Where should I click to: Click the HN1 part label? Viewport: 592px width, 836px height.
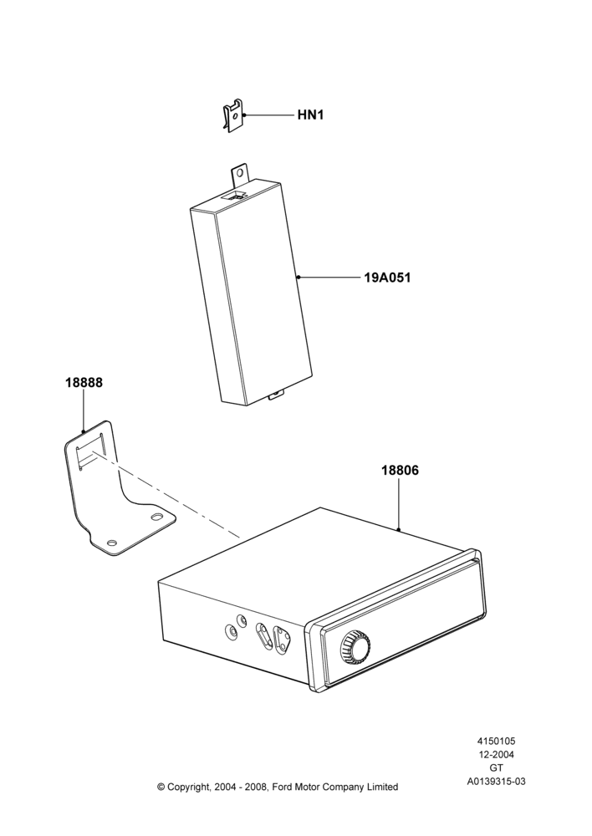click(310, 115)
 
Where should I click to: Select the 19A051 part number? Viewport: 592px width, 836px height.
click(388, 278)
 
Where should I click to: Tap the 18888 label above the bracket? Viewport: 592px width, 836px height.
click(84, 383)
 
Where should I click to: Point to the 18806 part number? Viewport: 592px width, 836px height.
click(400, 471)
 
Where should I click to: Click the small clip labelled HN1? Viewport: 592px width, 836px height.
click(232, 116)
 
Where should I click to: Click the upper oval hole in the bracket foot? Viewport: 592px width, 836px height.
click(157, 517)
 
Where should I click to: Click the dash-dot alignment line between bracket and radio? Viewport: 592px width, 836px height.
click(166, 495)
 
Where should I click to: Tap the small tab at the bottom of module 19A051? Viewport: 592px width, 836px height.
click(276, 395)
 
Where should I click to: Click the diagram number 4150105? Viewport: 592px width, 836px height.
click(496, 741)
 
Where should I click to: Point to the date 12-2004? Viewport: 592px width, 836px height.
click(496, 754)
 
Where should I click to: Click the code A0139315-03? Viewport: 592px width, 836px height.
click(496, 782)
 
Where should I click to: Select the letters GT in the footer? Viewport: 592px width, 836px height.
click(496, 768)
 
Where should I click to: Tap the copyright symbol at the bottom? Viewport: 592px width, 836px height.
click(161, 787)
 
